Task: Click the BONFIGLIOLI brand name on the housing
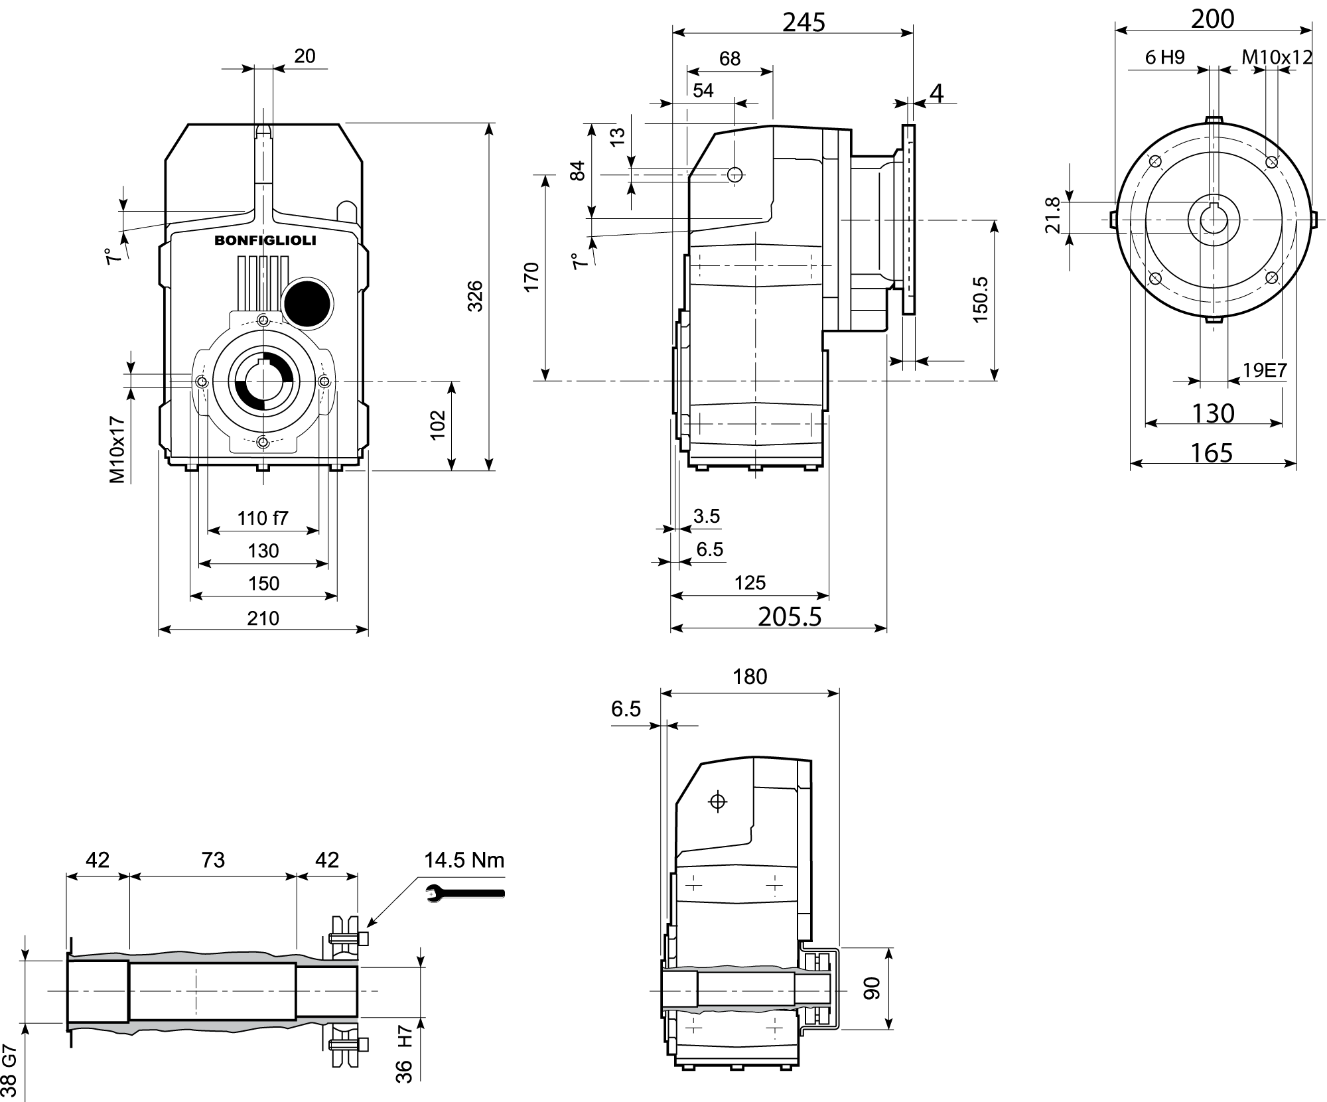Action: pos(265,241)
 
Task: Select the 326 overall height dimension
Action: pos(475,296)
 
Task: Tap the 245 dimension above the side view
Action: pos(803,23)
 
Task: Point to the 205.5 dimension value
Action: pos(790,617)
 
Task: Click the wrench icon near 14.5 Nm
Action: pos(464,894)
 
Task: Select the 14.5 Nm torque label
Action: pos(464,861)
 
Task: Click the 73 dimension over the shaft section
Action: pos(213,860)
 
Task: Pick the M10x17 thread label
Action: pos(117,450)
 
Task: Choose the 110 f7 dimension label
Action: pos(263,517)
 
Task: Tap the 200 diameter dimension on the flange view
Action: pos(1212,19)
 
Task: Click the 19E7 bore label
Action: pos(1265,370)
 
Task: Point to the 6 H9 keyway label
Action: pos(1164,57)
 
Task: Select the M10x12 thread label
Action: pos(1277,57)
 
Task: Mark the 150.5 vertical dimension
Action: pos(981,300)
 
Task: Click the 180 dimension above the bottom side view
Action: pos(750,677)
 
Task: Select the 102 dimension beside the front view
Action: pos(437,425)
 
